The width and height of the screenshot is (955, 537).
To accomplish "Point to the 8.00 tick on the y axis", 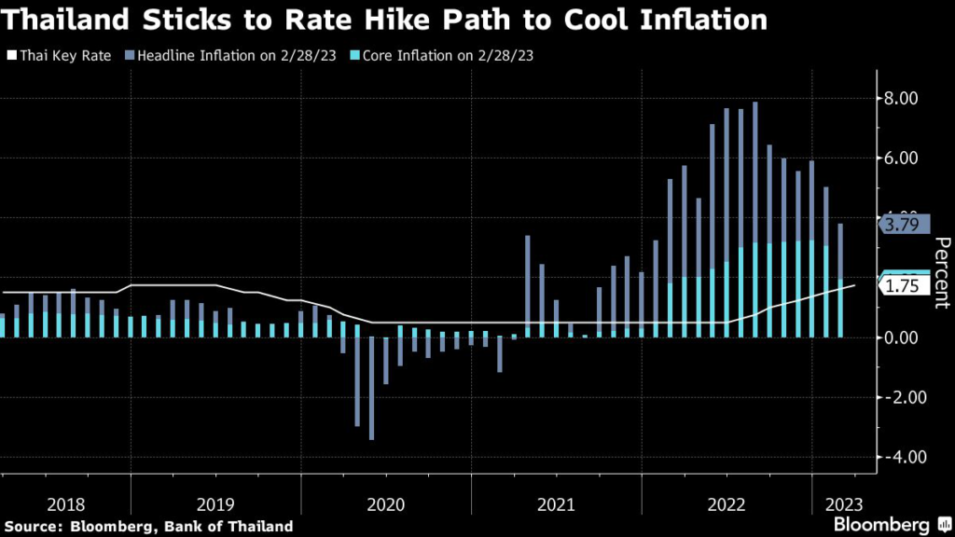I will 901,99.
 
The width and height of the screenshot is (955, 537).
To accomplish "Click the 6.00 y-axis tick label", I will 901,158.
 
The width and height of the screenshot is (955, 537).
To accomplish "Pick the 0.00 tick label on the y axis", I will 901,337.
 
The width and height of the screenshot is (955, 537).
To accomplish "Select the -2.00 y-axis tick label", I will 898,397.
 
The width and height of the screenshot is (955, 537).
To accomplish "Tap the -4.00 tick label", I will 898,457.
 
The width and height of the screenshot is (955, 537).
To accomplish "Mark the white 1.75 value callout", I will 905,286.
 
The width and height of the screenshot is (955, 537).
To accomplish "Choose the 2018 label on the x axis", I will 65,504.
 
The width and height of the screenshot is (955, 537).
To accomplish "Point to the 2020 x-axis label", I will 386,504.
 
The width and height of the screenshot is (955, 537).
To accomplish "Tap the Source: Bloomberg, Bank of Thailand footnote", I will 148,527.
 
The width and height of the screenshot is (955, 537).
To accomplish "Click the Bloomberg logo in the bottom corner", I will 886,526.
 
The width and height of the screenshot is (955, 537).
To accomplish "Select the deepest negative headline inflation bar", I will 372,388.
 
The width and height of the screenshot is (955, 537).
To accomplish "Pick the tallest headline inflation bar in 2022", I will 754,219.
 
